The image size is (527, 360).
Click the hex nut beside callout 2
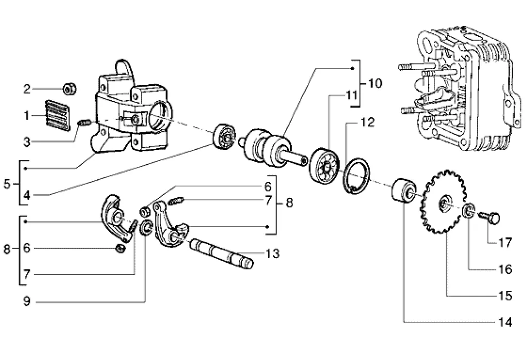(x=70, y=89)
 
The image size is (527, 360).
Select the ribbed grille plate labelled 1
(x=58, y=115)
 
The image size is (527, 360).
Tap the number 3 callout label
(x=27, y=142)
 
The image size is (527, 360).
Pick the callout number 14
(x=505, y=322)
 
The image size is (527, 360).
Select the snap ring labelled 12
(x=356, y=176)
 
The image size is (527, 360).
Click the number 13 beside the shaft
(x=273, y=253)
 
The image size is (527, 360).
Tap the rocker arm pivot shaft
(x=221, y=253)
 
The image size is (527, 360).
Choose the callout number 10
(x=375, y=83)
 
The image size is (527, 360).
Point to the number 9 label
(x=27, y=301)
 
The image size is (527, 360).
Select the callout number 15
(x=505, y=296)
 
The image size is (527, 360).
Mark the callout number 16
(x=505, y=269)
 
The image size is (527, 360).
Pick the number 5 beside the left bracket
(x=7, y=184)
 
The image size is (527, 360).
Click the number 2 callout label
(x=27, y=89)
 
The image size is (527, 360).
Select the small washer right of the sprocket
(x=469, y=210)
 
